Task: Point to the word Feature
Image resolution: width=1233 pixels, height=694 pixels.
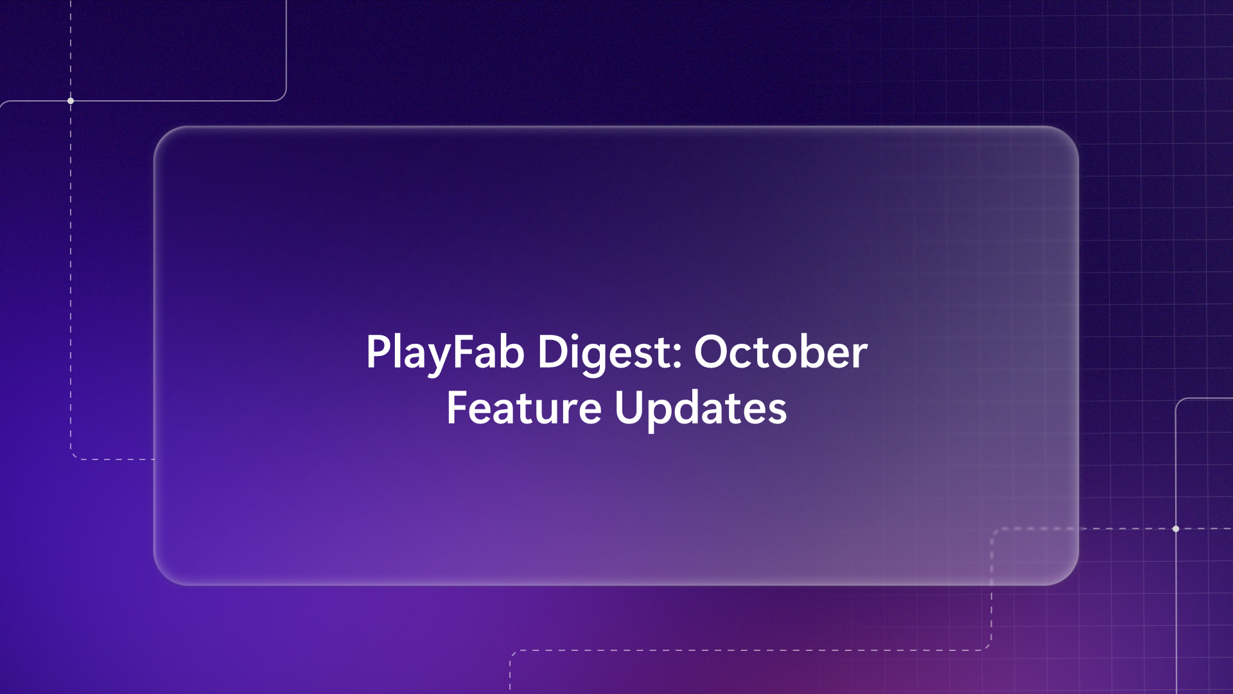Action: pos(523,408)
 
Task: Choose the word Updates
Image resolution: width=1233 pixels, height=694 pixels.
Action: pos(700,408)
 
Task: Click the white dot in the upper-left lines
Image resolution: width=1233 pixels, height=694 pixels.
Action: pos(71,101)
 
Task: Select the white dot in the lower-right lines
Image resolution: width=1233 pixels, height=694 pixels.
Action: pos(1176,529)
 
